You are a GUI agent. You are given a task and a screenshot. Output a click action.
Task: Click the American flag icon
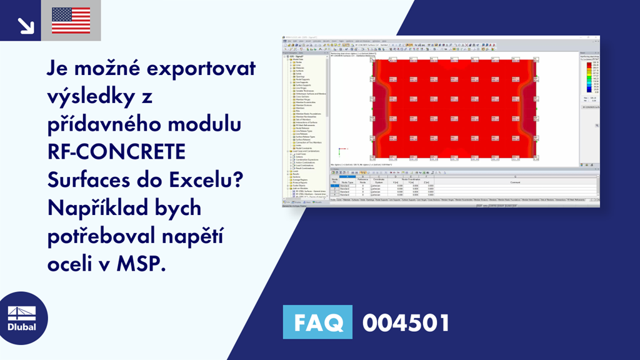[x=71, y=21]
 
